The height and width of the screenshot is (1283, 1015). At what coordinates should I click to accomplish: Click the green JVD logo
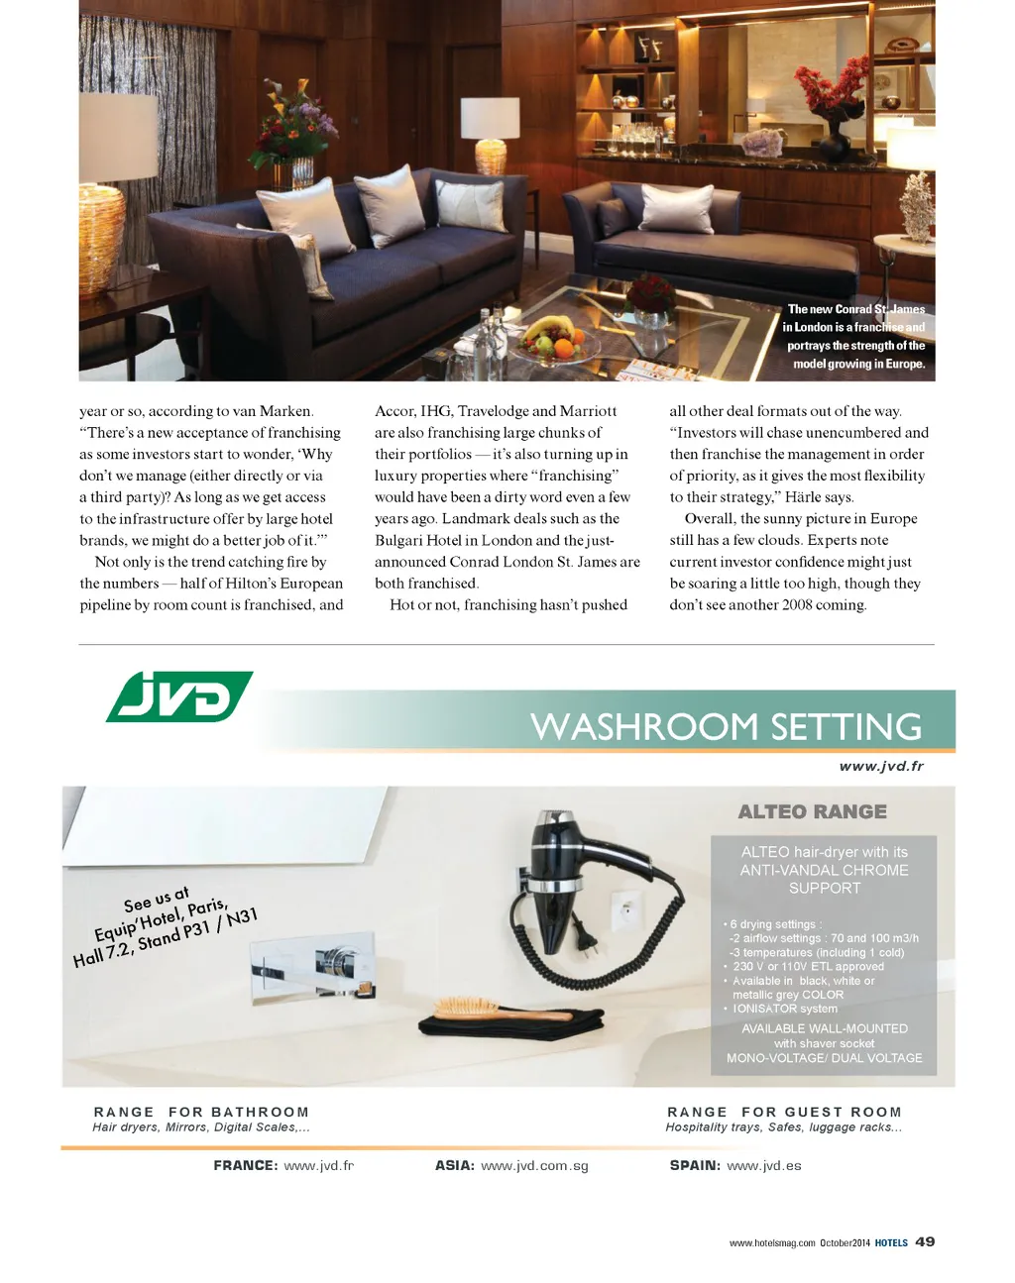(x=179, y=696)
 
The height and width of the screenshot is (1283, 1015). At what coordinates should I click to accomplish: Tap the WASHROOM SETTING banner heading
(x=726, y=726)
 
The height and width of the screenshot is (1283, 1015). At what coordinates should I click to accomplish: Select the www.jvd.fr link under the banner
(x=880, y=766)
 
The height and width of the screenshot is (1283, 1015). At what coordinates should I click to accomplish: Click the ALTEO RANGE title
(x=812, y=811)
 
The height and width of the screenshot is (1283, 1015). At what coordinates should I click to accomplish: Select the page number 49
(x=925, y=1241)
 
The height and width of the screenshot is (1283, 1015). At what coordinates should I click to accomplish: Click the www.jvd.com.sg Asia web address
(x=534, y=1165)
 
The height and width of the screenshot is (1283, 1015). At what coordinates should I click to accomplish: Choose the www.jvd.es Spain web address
(x=763, y=1165)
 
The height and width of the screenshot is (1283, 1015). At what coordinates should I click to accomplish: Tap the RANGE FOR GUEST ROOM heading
(x=784, y=1112)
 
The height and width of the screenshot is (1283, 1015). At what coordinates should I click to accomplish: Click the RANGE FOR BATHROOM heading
(x=201, y=1112)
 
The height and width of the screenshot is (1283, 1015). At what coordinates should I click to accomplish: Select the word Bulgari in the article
(x=401, y=540)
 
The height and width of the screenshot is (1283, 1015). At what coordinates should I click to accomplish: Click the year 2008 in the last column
(x=797, y=604)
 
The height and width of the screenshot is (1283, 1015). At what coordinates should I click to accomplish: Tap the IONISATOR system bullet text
(x=785, y=1009)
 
